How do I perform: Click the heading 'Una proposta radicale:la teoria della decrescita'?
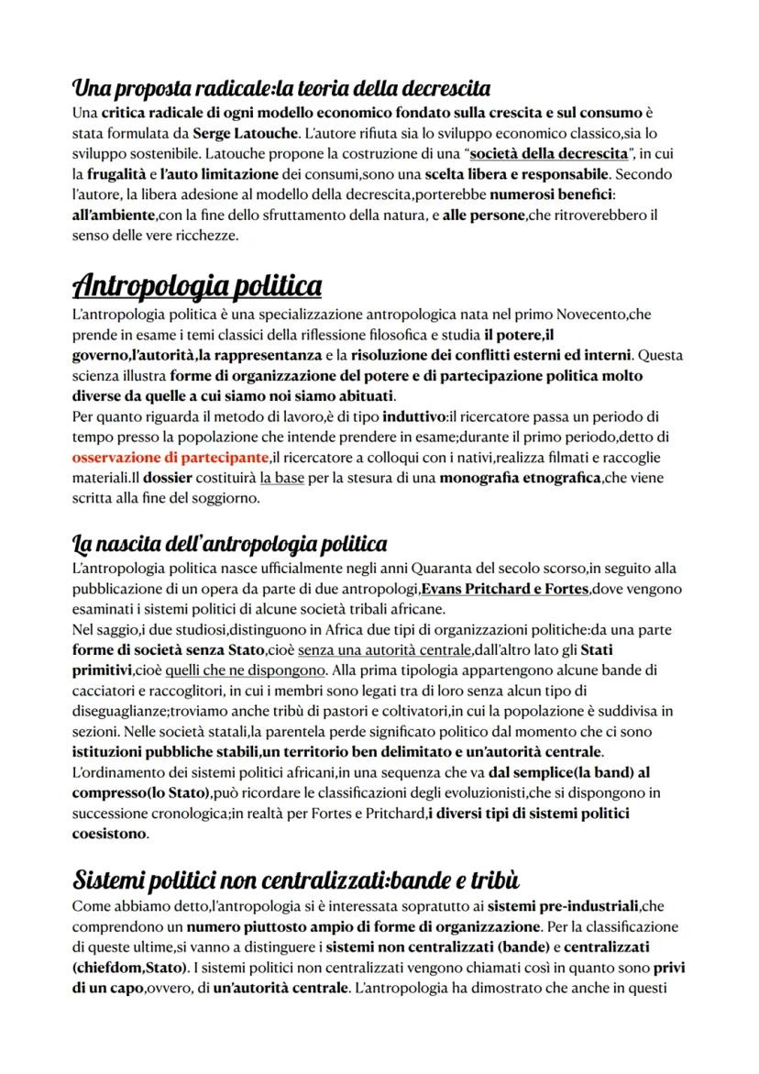(280, 89)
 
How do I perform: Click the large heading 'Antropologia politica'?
(197, 286)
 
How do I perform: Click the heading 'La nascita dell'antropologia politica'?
(230, 544)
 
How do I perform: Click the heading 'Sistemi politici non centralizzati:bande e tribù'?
(295, 881)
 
